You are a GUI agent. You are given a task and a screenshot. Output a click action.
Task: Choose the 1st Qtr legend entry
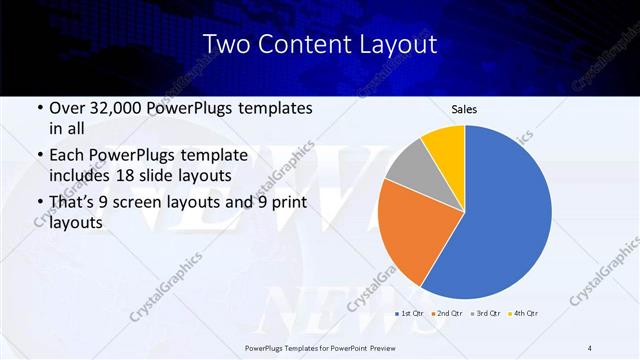pos(411,314)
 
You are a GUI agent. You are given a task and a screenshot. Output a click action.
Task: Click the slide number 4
pos(589,347)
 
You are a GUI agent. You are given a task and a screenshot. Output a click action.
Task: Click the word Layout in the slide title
pos(396,45)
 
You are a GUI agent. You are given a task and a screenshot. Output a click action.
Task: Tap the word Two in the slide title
pos(225,45)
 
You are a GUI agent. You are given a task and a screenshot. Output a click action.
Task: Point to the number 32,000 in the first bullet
pos(118,107)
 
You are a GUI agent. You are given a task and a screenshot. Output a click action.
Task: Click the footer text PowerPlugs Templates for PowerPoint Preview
pos(319,347)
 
